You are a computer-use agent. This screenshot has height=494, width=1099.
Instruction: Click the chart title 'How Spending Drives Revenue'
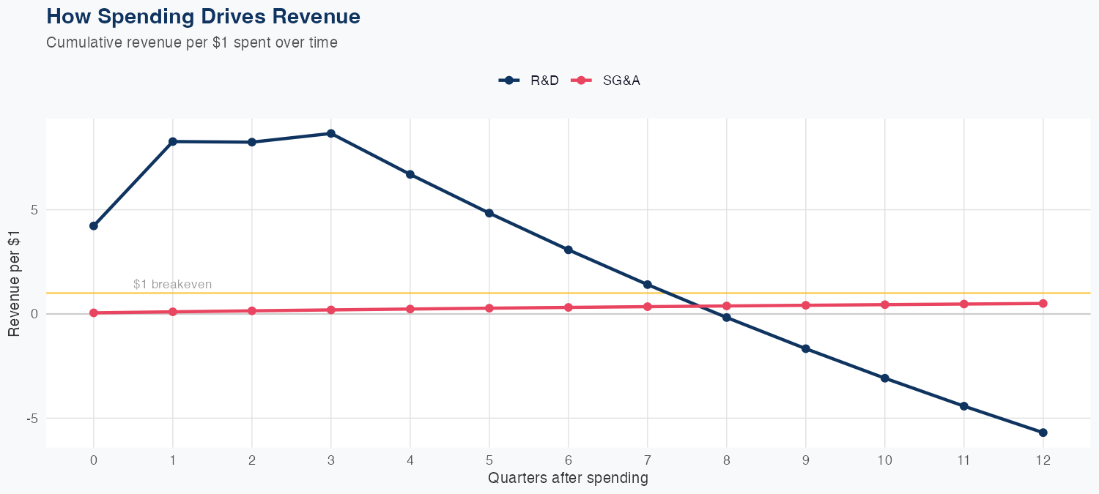coord(203,16)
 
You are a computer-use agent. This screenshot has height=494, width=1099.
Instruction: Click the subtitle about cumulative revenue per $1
coord(191,42)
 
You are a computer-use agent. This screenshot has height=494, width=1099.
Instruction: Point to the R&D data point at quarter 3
coord(331,133)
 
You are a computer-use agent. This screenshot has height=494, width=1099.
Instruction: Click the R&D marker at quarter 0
coord(94,226)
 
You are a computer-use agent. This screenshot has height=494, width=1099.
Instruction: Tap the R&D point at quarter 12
coord(1043,433)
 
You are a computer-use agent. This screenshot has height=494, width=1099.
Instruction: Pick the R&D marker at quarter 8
coord(727,318)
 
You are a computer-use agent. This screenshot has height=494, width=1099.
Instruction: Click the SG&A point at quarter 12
coord(1043,303)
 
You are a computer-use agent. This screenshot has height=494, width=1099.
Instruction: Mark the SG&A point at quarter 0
coord(94,313)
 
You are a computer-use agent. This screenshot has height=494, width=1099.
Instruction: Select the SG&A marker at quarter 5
coord(489,308)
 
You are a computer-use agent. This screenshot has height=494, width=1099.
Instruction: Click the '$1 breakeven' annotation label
coord(172,284)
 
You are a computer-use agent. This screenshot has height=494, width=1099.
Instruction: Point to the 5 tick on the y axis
coord(33,210)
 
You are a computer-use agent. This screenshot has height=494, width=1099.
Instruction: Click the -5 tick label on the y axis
coord(32,419)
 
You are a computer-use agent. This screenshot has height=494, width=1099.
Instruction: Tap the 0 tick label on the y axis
coord(33,314)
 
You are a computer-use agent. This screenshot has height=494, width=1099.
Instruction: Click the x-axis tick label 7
coord(648,460)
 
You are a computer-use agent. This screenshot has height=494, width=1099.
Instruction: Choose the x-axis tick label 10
coord(885,460)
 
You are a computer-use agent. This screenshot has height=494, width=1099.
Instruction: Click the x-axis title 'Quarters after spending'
coord(568,479)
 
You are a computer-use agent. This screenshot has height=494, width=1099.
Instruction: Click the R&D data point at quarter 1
coord(173,141)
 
